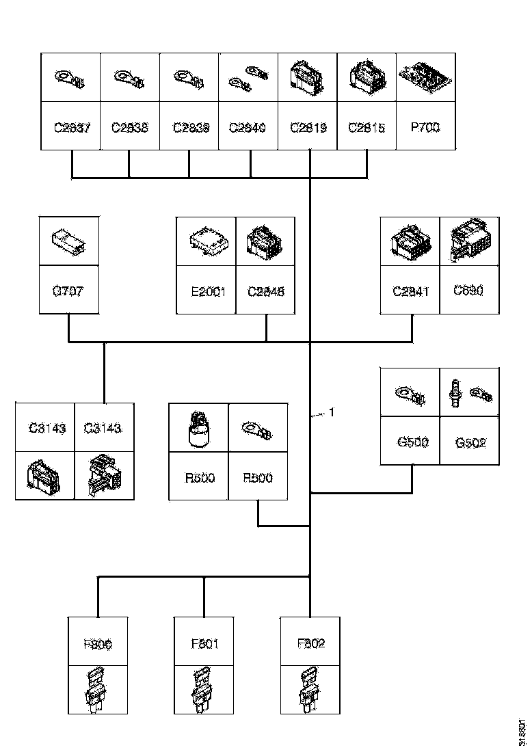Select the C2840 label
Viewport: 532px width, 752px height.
click(248, 127)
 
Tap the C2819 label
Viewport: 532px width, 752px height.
click(308, 127)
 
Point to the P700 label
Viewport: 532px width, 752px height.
click(425, 127)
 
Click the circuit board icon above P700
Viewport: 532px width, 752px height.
click(425, 77)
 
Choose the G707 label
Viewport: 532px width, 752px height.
click(69, 291)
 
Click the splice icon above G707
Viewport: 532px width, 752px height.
click(69, 241)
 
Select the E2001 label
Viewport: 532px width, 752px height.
click(206, 291)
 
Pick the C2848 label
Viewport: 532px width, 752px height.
click(265, 291)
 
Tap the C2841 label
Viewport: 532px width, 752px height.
click(410, 291)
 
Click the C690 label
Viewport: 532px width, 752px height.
click(469, 290)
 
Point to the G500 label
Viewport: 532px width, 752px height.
click(412, 442)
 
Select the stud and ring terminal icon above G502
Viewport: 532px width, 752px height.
click(470, 394)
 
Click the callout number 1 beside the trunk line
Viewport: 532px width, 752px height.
click(332, 412)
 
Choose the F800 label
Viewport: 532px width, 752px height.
click(98, 643)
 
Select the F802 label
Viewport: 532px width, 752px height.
click(310, 643)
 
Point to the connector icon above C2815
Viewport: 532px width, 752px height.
click(367, 77)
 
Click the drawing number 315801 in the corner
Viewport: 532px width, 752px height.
click(522, 731)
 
